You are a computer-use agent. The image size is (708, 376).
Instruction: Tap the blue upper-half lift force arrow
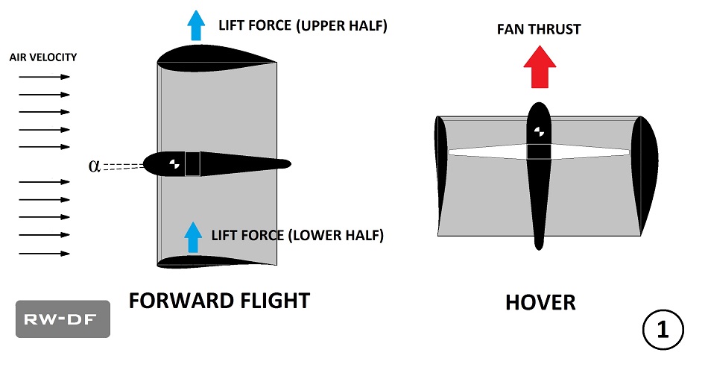tap(196, 26)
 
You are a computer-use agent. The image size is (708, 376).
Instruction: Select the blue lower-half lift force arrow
tap(193, 237)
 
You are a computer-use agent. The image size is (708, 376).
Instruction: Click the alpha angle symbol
tap(94, 166)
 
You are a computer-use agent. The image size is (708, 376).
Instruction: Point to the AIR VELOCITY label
tap(43, 57)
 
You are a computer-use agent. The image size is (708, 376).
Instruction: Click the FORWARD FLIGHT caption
tap(219, 301)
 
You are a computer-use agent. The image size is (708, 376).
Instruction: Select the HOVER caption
tap(540, 303)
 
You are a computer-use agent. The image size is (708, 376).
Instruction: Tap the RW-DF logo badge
tap(63, 319)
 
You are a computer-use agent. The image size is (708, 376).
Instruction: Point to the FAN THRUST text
tap(540, 30)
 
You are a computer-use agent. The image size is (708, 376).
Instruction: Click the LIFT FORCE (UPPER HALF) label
tap(303, 26)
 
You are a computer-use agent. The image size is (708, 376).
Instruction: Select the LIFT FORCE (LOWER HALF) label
tap(297, 236)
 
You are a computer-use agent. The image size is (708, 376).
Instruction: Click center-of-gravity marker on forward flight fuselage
tap(173, 164)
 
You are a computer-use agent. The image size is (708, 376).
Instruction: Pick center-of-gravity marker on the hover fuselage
tap(539, 134)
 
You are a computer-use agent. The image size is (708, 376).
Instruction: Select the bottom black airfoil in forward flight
tap(216, 261)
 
